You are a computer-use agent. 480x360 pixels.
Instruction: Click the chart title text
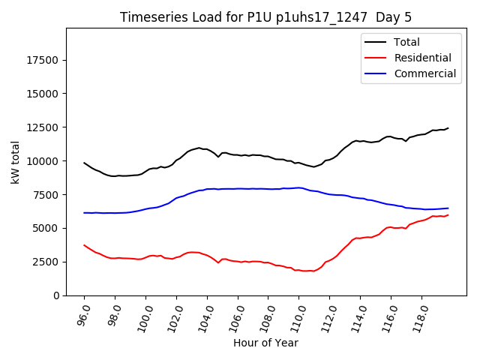tap(265, 17)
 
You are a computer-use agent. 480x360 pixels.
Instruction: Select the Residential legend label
tap(423, 58)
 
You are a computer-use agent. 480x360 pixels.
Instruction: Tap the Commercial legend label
tap(425, 73)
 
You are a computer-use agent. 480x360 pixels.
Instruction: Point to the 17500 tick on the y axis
tap(42, 60)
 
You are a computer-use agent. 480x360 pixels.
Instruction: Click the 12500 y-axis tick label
tap(42, 127)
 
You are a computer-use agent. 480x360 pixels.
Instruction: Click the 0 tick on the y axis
tap(56, 295)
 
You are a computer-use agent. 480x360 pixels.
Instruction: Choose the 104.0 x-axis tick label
tap(205, 316)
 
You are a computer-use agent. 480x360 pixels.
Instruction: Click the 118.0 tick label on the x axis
tap(419, 316)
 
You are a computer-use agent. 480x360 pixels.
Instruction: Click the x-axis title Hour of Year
tap(265, 343)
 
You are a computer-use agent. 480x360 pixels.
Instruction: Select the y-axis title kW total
tap(15, 162)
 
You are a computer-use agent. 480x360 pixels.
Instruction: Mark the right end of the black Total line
tap(448, 128)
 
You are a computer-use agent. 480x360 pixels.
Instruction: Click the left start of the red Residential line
tap(84, 245)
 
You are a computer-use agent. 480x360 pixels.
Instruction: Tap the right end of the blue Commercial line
tap(448, 208)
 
